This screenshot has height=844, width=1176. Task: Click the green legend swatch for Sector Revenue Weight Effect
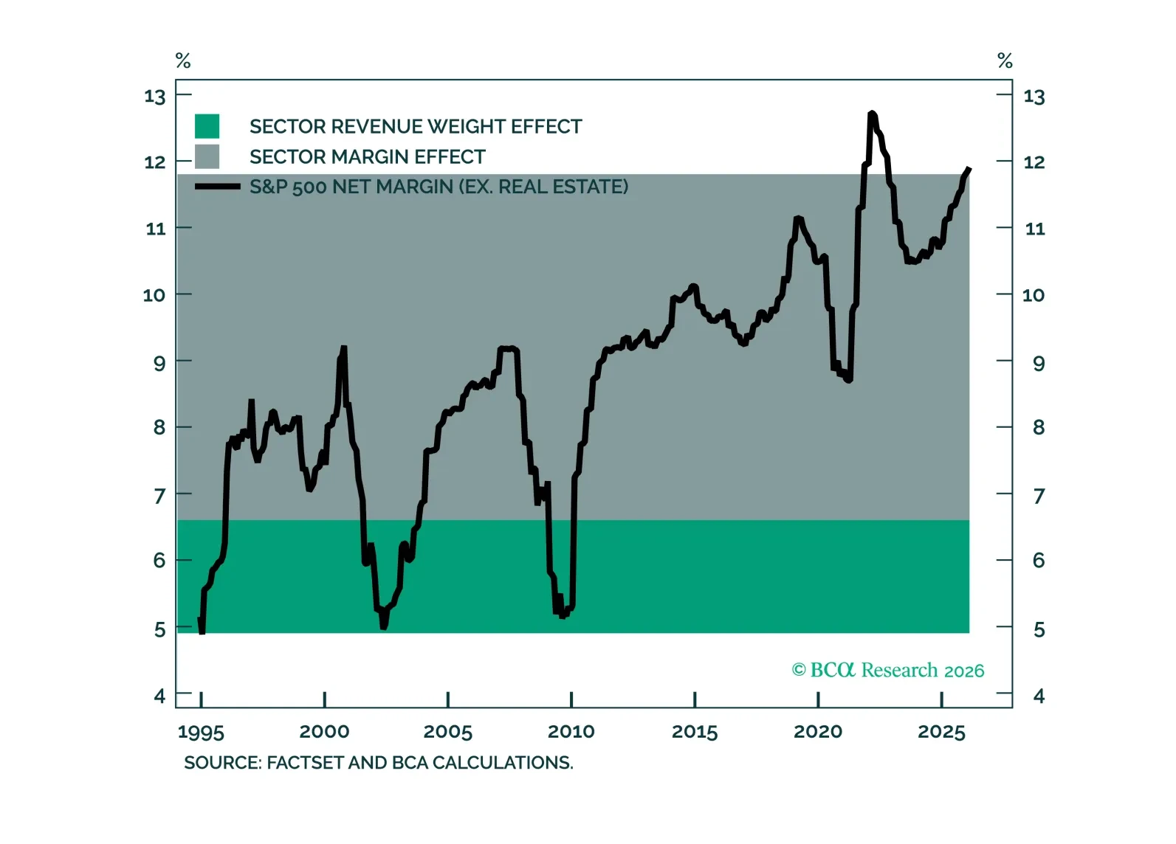pos(207,126)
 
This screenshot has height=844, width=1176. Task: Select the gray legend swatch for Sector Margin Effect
pos(207,156)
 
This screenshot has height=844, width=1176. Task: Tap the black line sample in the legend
pos(217,187)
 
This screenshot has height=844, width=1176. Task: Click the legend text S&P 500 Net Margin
pos(439,187)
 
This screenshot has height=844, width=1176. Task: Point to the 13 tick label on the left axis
pos(155,97)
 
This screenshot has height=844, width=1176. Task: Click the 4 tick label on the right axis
pos(1039,696)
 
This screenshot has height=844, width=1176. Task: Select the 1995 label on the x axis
pos(201,732)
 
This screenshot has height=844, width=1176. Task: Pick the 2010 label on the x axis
pos(571,732)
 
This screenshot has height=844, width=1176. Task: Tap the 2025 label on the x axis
pos(941,732)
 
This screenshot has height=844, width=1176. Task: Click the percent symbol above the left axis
pos(183,60)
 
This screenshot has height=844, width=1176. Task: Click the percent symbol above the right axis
pos(1005,60)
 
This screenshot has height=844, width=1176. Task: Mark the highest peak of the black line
pos(872,114)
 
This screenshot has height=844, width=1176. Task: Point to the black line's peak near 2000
pos(343,347)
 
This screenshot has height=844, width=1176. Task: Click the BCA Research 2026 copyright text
pos(888,670)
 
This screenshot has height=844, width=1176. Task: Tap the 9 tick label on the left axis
pos(159,362)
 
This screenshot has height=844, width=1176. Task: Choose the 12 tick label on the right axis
pos(1034,162)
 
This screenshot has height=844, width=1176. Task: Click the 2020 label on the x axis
pos(818,732)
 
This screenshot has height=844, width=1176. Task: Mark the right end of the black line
pos(969,170)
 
